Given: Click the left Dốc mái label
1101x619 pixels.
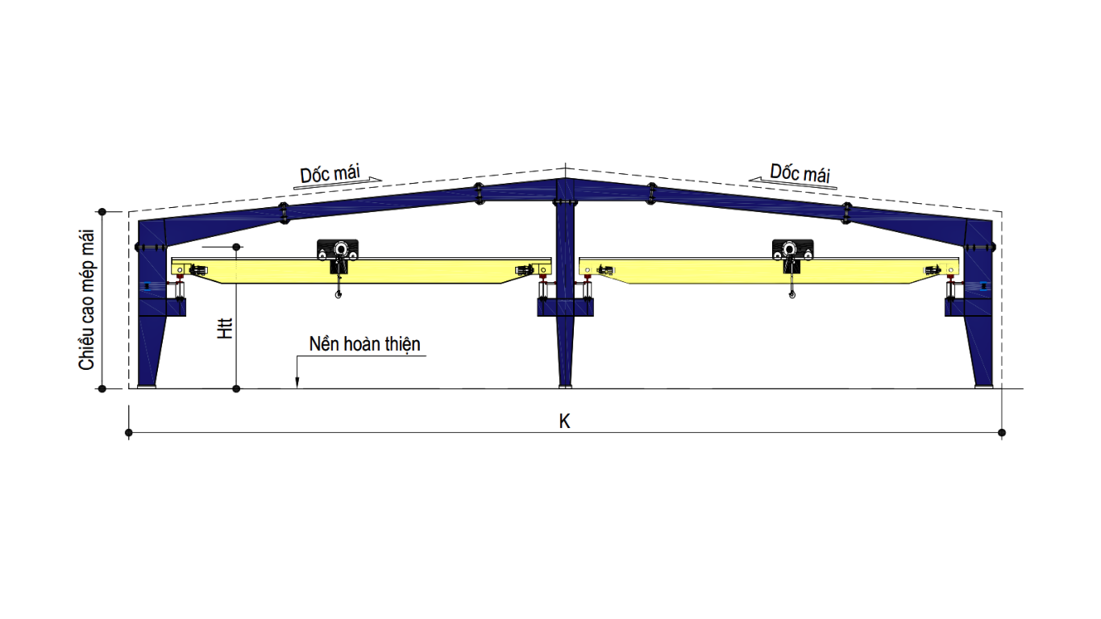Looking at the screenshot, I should click(x=330, y=173).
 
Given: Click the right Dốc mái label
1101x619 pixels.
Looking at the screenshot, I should click(x=800, y=172).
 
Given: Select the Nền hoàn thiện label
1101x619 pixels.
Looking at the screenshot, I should click(x=364, y=344).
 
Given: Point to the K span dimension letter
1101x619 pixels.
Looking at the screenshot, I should click(x=564, y=422).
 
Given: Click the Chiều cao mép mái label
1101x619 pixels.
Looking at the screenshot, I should click(x=86, y=299).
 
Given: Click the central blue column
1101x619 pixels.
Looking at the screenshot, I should click(x=566, y=322).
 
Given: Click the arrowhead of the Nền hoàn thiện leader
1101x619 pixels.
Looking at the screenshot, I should click(x=297, y=384).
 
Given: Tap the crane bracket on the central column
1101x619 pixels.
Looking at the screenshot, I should click(x=566, y=307).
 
